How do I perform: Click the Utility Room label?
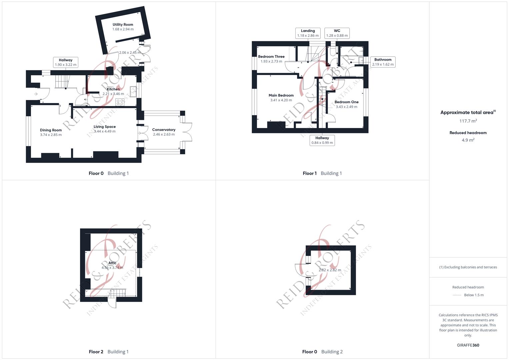[123, 25]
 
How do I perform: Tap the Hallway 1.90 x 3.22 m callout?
[66, 62]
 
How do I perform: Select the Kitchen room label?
[113, 89]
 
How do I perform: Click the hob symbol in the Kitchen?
[120, 102]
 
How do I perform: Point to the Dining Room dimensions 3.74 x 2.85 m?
[51, 135]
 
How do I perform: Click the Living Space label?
[105, 127]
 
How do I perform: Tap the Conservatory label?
[164, 130]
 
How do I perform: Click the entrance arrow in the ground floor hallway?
[36, 94]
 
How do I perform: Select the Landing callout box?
[308, 33]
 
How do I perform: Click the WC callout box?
[337, 33]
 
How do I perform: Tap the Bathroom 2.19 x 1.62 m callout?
[383, 62]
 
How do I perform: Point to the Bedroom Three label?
[271, 57]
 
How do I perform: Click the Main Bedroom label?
[281, 95]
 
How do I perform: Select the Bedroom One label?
[346, 102]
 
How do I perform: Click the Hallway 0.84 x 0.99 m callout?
[322, 140]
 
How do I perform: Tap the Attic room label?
[112, 263]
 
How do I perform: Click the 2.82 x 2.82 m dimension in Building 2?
[330, 270]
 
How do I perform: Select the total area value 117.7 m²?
[468, 121]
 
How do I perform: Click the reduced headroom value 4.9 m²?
[468, 140]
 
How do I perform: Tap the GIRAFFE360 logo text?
[468, 345]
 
